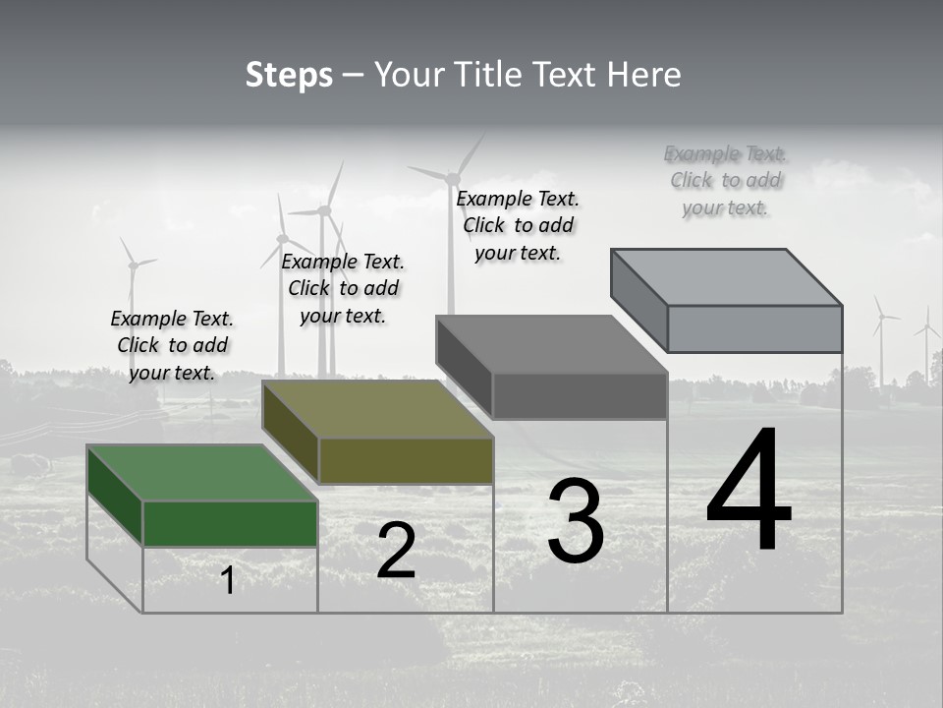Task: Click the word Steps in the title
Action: tap(289, 75)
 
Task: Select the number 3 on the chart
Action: tap(576, 521)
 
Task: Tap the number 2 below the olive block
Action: tap(396, 551)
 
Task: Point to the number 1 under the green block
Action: tap(228, 580)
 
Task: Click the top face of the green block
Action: tap(201, 473)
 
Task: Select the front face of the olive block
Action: tap(406, 460)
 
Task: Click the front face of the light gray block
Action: tap(754, 328)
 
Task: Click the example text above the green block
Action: tap(172, 345)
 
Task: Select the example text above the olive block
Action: tap(343, 288)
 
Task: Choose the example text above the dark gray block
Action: tap(518, 225)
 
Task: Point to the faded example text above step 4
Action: tap(726, 180)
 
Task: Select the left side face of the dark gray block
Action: tap(464, 366)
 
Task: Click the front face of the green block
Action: tap(230, 523)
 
